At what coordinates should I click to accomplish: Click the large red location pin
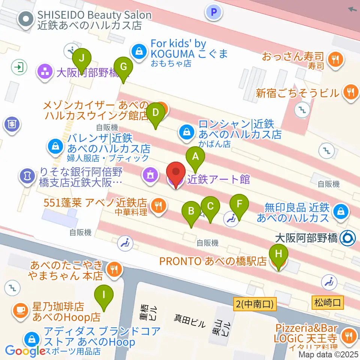176,173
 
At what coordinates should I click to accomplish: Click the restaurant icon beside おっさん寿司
333,58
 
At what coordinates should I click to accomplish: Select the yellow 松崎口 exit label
327,302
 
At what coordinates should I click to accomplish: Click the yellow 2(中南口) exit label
255,303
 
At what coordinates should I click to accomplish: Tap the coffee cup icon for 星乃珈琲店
20,310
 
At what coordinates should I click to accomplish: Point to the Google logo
25,351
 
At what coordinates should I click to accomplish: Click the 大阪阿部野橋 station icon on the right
348,238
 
